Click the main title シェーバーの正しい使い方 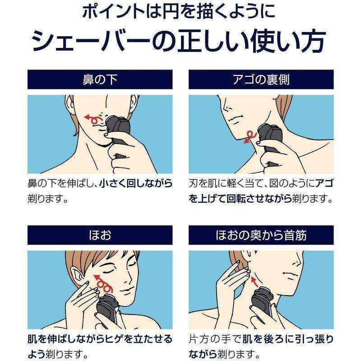[180, 43]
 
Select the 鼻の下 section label [100, 80]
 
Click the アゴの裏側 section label [261, 80]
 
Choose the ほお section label [100, 235]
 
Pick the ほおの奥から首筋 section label [261, 235]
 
